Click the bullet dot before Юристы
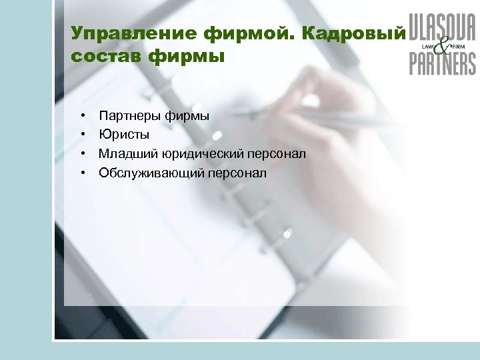coord(84,135)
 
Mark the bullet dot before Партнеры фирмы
coord(84,116)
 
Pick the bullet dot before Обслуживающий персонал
coord(84,174)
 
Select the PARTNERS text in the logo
coord(442,63)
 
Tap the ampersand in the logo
coord(442,45)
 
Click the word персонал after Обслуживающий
coord(238,174)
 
